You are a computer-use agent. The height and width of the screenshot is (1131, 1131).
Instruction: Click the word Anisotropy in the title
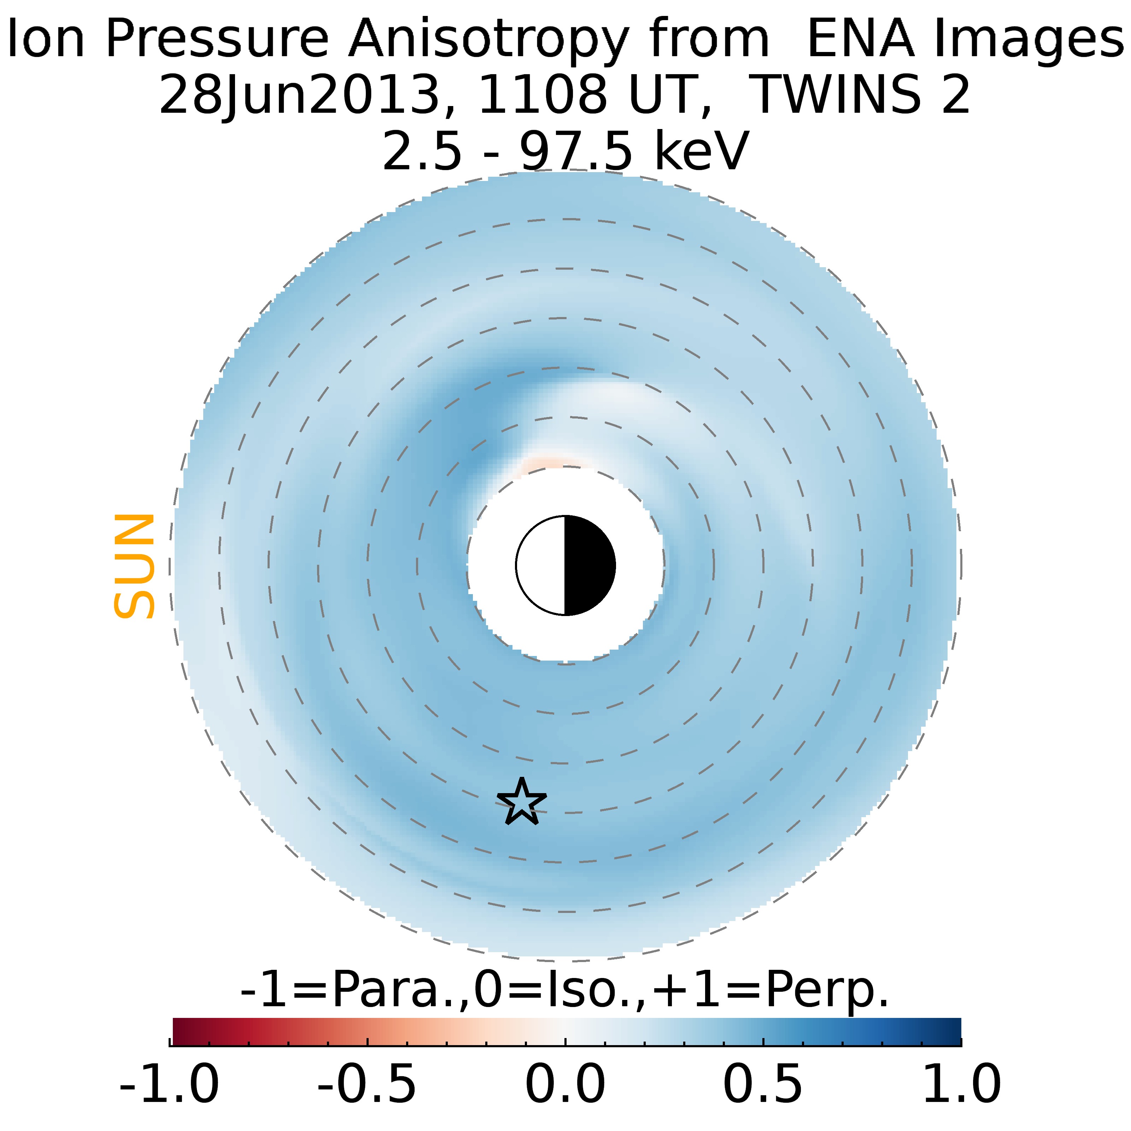(x=488, y=40)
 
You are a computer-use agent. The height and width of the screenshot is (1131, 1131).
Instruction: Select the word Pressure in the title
(x=217, y=40)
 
